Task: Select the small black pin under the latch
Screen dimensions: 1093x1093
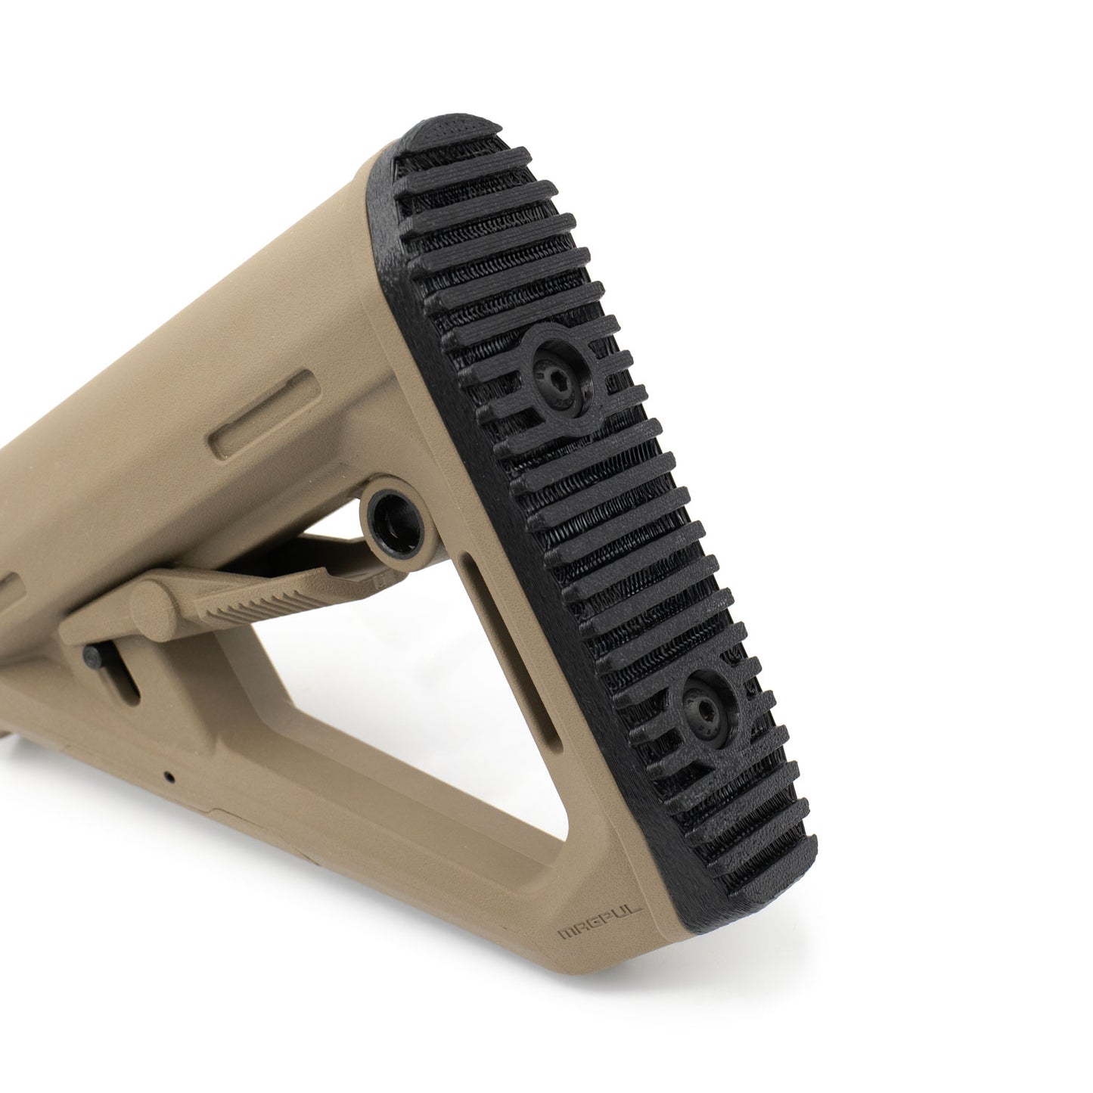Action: tap(94, 654)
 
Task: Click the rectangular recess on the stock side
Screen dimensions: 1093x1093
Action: tap(260, 420)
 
